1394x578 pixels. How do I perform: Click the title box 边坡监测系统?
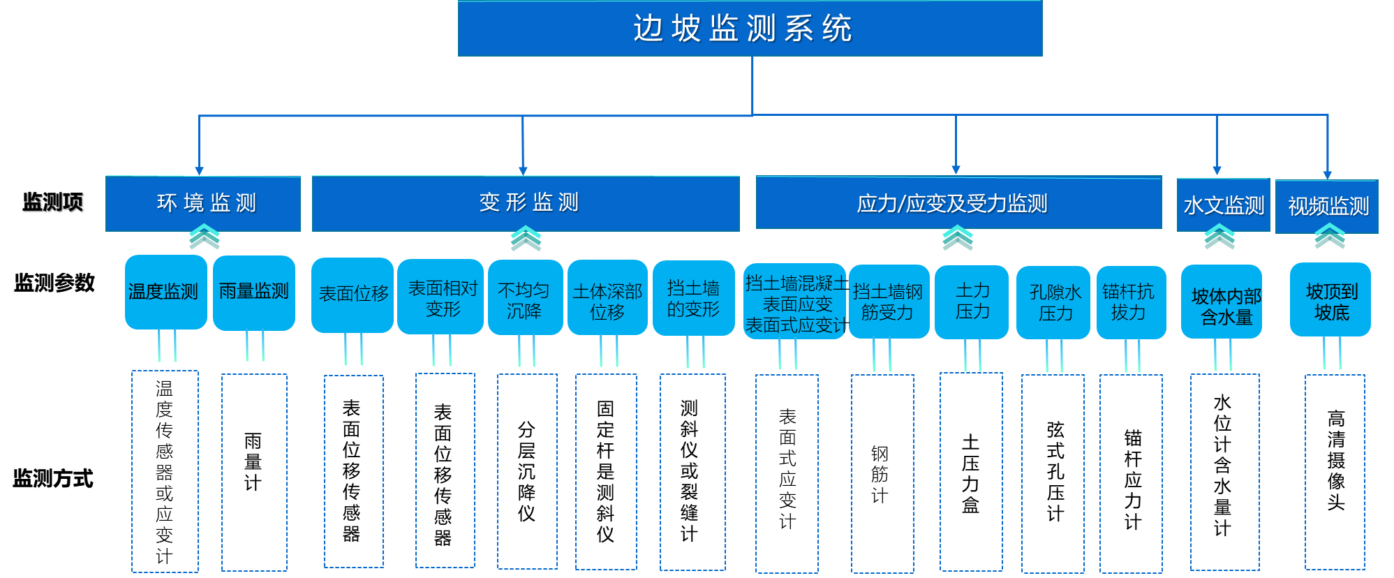[x=750, y=29]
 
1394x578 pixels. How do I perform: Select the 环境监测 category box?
[x=203, y=203]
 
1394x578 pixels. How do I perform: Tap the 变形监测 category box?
[x=526, y=203]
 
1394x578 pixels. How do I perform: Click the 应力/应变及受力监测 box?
[x=958, y=203]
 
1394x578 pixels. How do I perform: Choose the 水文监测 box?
[x=1223, y=205]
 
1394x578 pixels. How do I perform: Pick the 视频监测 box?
[x=1326, y=207]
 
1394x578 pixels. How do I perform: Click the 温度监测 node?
[x=165, y=292]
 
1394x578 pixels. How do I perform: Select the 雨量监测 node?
[x=254, y=292]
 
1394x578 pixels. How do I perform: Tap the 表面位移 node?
[x=353, y=295]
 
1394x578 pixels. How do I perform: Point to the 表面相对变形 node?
[x=440, y=297]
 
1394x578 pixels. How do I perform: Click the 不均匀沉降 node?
[x=525, y=298]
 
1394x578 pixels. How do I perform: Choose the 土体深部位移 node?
[x=607, y=299]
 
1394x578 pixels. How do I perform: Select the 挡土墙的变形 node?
[x=693, y=298]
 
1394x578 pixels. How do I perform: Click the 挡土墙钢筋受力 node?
[x=889, y=302]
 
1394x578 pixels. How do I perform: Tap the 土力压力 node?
[x=972, y=302]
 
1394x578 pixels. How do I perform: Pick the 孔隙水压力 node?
[x=1053, y=302]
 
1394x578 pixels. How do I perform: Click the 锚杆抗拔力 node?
[x=1131, y=302]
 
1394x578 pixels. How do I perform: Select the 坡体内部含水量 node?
[x=1222, y=302]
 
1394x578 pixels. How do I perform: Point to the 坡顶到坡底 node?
[x=1330, y=300]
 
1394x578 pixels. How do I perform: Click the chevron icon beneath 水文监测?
[x=1219, y=237]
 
